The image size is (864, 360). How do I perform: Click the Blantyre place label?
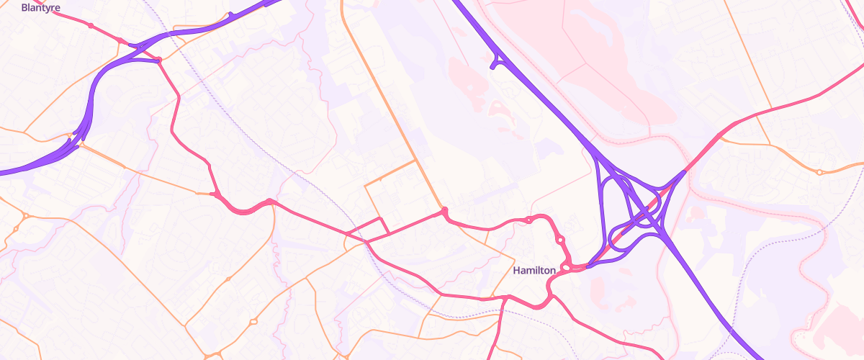40,8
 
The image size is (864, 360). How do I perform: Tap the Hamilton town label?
534,271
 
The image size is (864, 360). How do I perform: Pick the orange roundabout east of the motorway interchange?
819,172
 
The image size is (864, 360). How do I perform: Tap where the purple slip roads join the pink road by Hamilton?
589,266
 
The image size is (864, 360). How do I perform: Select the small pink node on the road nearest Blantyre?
91,26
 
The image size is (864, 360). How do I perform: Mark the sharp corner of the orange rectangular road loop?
366,186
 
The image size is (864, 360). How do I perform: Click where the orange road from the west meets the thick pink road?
215,194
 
